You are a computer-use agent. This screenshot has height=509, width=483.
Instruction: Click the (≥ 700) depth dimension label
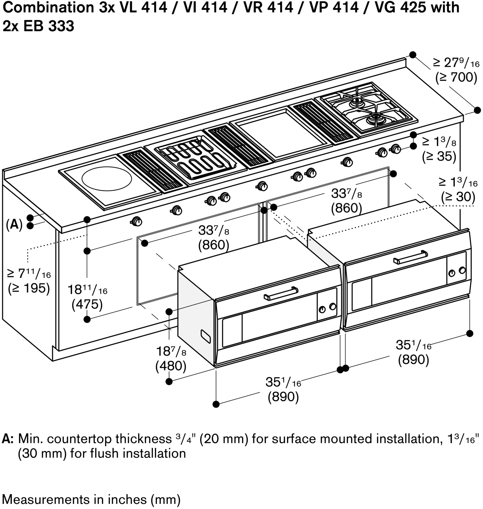click(456, 78)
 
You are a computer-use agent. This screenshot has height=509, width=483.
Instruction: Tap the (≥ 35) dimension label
click(439, 156)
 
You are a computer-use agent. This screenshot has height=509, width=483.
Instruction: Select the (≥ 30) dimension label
click(458, 196)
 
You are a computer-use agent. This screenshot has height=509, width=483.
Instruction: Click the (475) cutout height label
click(87, 304)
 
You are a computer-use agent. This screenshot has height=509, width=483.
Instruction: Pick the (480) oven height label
click(171, 366)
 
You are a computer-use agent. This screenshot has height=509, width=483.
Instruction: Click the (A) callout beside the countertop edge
click(14, 225)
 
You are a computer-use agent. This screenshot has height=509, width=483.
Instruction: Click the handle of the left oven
click(281, 293)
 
